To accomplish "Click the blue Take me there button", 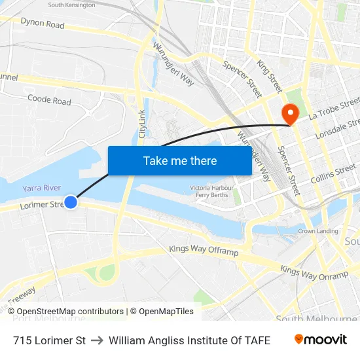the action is click(180, 160).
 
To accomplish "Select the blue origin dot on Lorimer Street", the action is click(71, 202).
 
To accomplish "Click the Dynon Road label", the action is click(43, 24).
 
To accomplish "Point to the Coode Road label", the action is click(49, 100).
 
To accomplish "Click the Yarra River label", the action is click(41, 188).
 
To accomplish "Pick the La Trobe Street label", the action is click(334, 107).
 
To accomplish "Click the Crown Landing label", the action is click(318, 231).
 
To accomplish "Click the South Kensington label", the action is click(71, 5).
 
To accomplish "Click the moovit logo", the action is click(320, 340).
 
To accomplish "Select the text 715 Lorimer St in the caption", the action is click(49, 340).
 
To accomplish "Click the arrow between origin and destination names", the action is click(97, 340).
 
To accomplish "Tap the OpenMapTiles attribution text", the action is click(162, 312).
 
